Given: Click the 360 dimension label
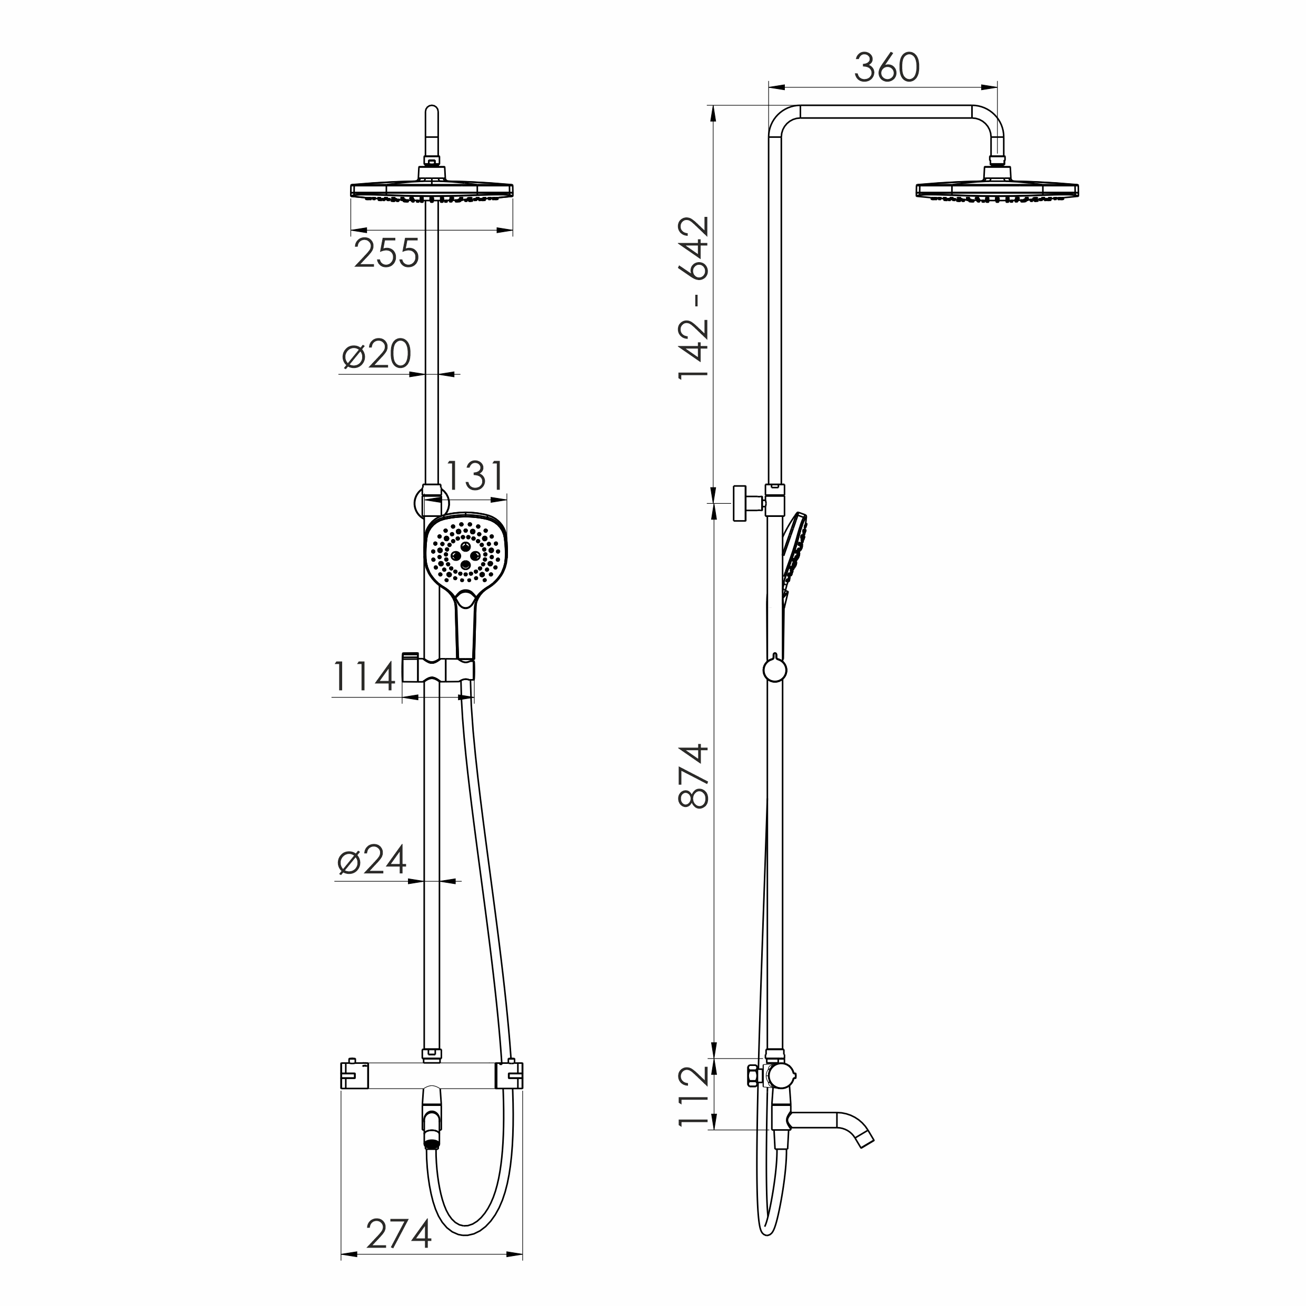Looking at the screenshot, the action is click(886, 67).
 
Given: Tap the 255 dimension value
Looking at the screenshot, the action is click(387, 254).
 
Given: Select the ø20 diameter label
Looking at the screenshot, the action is click(376, 354).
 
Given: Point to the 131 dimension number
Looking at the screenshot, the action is click(476, 476).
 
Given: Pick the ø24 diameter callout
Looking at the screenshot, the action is click(372, 860).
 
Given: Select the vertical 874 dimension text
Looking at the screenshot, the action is click(694, 777).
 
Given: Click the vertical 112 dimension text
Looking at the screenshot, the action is click(694, 1096).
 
